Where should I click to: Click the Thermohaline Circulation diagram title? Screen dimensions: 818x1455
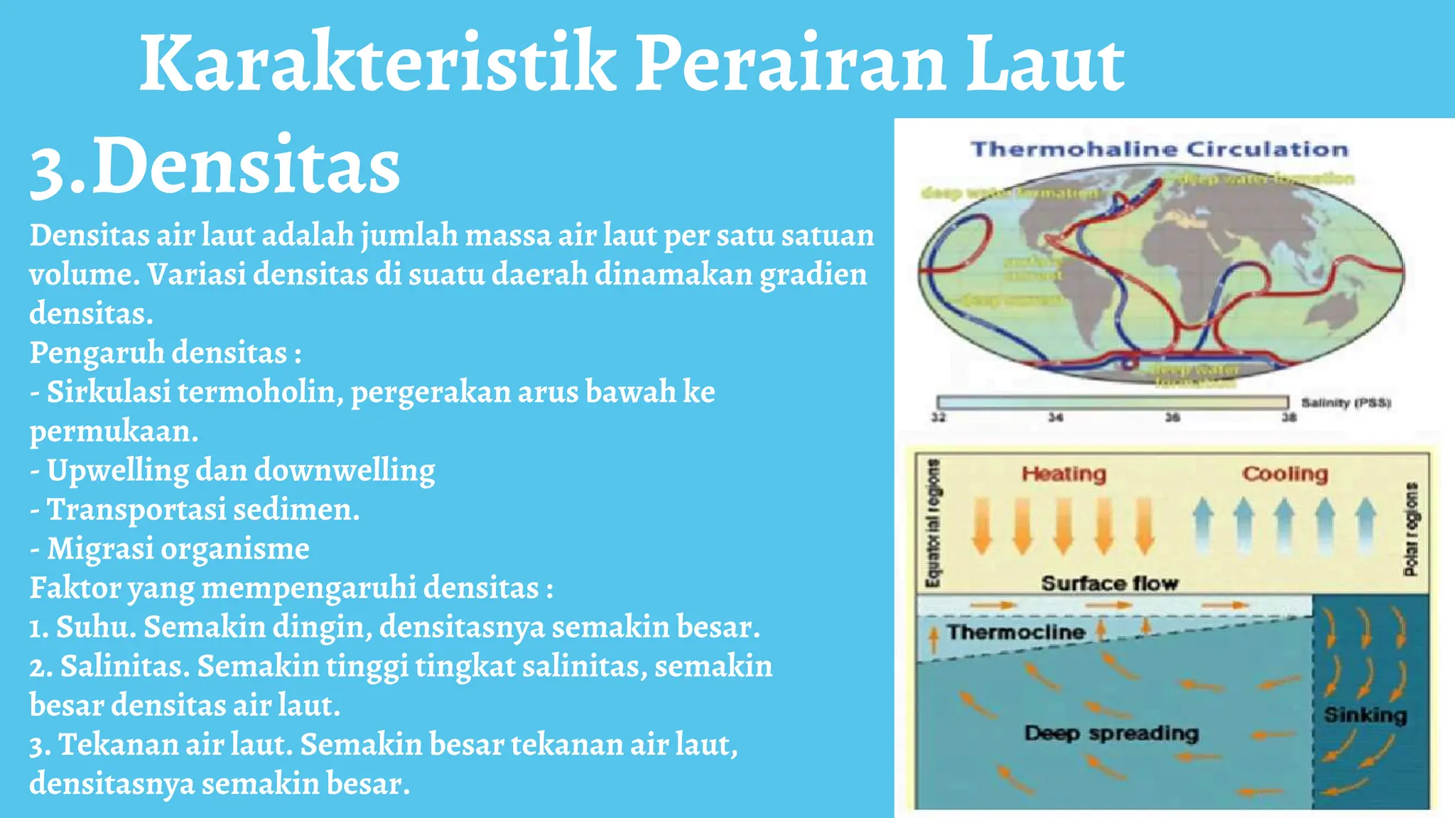coord(1159,149)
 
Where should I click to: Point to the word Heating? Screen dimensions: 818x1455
coord(1064,474)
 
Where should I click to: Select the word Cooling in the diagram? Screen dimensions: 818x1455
coord(1284,474)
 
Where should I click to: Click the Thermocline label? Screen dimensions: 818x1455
coord(1016,632)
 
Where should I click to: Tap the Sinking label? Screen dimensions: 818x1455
coord(1365,714)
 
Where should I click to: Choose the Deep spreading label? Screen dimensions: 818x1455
coord(1111,733)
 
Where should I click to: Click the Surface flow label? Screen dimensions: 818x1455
coord(1109,584)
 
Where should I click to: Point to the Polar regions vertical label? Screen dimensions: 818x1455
coord(1411,529)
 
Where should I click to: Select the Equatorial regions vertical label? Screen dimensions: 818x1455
coord(933,523)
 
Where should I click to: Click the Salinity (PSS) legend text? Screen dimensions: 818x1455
coord(1346,403)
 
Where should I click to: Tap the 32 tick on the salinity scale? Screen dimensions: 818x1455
coord(939,418)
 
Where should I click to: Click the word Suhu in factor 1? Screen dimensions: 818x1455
coord(96,627)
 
